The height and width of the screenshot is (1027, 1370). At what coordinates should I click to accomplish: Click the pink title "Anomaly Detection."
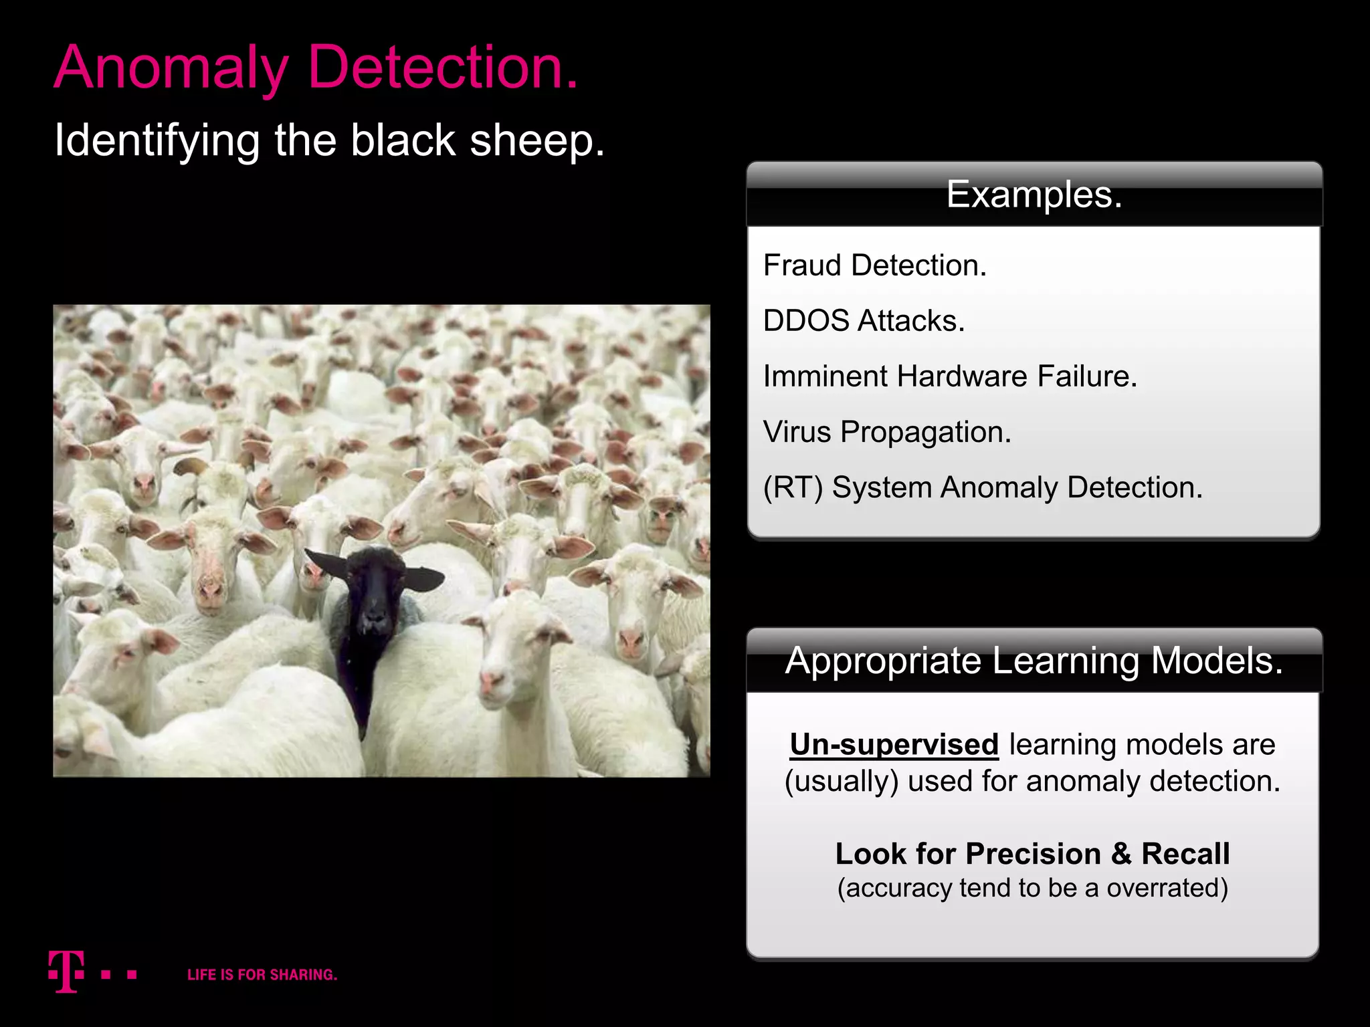(316, 68)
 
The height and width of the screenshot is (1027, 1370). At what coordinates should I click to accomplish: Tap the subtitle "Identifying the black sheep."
(329, 141)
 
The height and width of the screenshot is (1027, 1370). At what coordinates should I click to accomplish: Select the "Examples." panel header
(1034, 195)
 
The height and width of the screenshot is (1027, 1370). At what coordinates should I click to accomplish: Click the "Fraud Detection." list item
(874, 265)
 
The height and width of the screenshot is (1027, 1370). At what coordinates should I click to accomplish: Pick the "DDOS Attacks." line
(864, 321)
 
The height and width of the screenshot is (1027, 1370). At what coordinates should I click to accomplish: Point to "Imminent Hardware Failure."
(950, 376)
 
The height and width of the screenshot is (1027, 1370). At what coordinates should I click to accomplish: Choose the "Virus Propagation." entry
(886, 432)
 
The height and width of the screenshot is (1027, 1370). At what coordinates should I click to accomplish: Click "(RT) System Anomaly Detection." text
(983, 487)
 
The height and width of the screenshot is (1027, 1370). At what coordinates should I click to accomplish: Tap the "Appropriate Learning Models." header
(1034, 661)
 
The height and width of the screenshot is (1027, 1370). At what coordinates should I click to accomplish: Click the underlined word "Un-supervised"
(894, 744)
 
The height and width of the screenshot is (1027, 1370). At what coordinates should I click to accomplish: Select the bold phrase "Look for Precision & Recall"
(1032, 854)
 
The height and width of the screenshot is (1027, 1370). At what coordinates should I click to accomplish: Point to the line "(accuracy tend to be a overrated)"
(1032, 888)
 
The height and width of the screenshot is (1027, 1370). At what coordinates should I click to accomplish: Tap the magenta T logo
(66, 972)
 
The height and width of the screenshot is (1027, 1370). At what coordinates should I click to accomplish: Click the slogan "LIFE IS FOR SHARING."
(262, 975)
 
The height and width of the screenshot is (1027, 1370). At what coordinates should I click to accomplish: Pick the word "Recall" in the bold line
(1185, 854)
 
